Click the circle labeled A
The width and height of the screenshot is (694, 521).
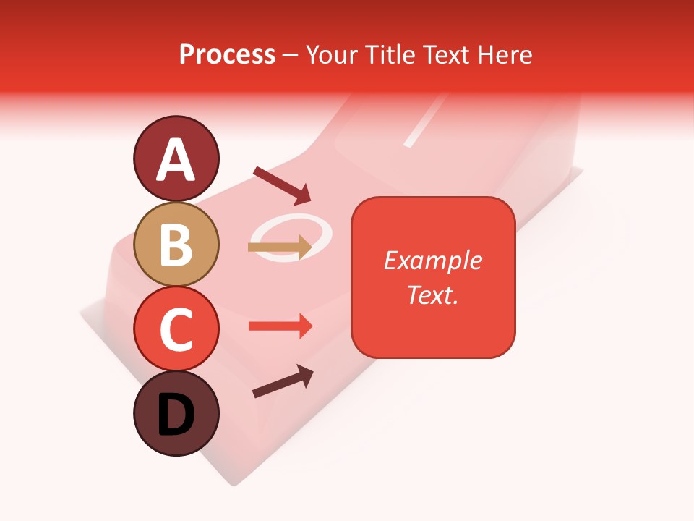(x=176, y=158)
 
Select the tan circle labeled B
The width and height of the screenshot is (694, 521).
(x=176, y=245)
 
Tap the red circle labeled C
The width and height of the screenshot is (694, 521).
(x=176, y=329)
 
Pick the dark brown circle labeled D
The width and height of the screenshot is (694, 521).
(x=176, y=413)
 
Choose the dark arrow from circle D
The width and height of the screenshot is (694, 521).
(x=283, y=381)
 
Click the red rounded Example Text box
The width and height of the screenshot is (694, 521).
(x=433, y=277)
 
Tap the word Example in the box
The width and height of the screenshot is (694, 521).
(x=433, y=260)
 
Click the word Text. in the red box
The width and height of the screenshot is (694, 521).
(x=432, y=295)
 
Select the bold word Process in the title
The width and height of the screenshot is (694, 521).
(x=227, y=54)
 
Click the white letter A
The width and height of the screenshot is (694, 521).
(x=176, y=160)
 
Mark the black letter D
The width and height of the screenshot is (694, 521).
(x=176, y=415)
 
